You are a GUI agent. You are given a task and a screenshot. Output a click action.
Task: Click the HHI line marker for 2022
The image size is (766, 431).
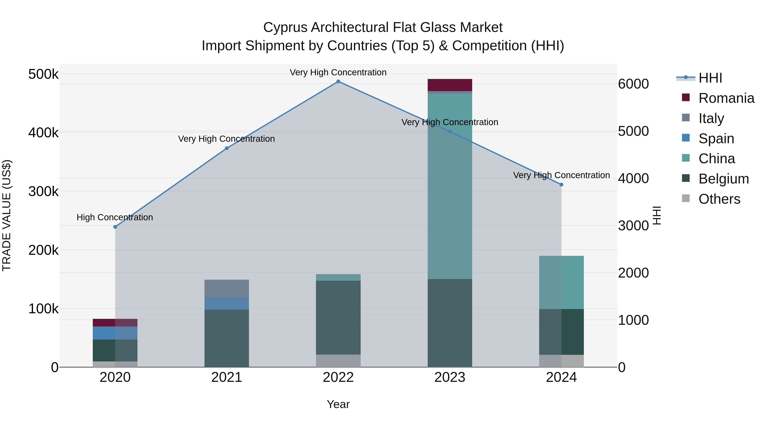pyautogui.click(x=338, y=82)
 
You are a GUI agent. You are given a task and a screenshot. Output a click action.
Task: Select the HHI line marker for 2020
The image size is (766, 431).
pyautogui.click(x=115, y=227)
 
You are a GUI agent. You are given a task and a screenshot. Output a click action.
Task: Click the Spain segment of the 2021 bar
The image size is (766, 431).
pyautogui.click(x=227, y=303)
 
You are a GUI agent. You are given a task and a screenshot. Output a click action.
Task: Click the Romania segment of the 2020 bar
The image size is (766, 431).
pyautogui.click(x=115, y=323)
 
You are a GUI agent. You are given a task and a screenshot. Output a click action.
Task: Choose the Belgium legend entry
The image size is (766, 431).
pyautogui.click(x=723, y=179)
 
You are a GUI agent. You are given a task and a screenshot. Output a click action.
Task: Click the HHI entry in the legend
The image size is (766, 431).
pyautogui.click(x=710, y=78)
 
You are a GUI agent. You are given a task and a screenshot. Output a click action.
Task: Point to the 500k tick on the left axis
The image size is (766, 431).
pyautogui.click(x=43, y=74)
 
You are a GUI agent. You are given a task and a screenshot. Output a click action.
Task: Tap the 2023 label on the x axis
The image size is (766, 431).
pyautogui.click(x=450, y=377)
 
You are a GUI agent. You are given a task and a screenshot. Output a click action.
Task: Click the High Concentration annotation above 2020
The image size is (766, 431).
pyautogui.click(x=115, y=218)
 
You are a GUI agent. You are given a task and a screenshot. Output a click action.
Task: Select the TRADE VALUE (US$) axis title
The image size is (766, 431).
pyautogui.click(x=7, y=216)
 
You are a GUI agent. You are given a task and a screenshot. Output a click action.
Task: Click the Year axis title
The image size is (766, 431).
pyautogui.click(x=338, y=404)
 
